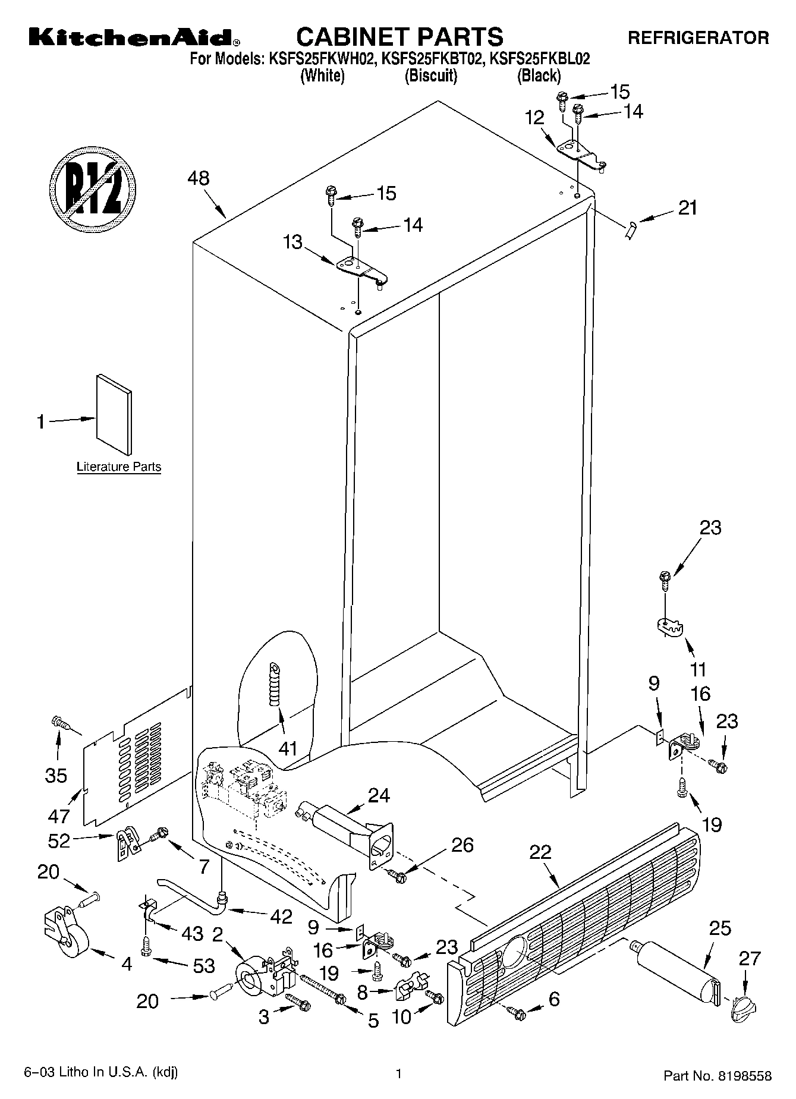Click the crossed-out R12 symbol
pyautogui.click(x=93, y=185)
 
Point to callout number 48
pyautogui.click(x=199, y=178)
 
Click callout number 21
pyautogui.click(x=688, y=208)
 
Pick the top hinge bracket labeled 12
pyautogui.click(x=580, y=151)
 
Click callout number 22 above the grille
pyautogui.click(x=540, y=852)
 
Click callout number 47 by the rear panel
pyautogui.click(x=59, y=816)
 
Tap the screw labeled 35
pyautogui.click(x=60, y=723)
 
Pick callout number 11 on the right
pyautogui.click(x=698, y=669)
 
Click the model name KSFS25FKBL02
pyautogui.click(x=539, y=59)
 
